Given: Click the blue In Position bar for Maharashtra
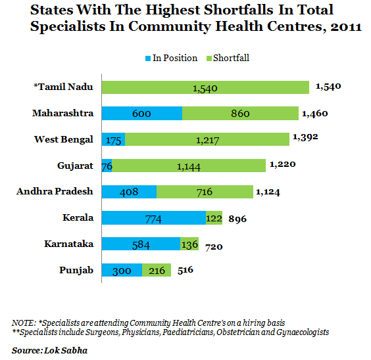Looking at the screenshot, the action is click(142, 114).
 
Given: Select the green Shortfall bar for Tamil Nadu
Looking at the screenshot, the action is click(205, 87).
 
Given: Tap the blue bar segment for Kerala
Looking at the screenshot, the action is click(154, 218).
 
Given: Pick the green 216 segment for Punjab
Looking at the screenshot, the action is click(157, 270).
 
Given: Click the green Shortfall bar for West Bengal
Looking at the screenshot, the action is click(207, 139).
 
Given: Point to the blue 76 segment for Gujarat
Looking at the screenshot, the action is click(107, 166).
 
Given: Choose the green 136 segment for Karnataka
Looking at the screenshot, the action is click(189, 244).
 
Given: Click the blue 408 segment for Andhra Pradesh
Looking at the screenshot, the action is click(129, 192).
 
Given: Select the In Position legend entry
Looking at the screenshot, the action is click(171, 58).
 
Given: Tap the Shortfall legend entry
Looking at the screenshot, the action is click(228, 58).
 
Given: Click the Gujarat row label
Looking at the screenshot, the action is click(75, 166).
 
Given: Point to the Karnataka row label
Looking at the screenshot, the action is click(69, 244).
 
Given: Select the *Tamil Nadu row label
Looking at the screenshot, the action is click(63, 87).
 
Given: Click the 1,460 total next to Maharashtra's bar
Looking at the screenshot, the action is click(315, 114).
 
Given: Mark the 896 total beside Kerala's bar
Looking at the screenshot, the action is click(237, 219).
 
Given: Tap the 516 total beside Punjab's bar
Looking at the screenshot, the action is click(185, 270).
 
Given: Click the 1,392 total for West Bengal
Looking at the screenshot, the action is click(305, 137).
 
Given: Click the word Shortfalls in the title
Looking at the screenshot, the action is click(238, 10).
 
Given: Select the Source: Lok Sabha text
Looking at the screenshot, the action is click(50, 351).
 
